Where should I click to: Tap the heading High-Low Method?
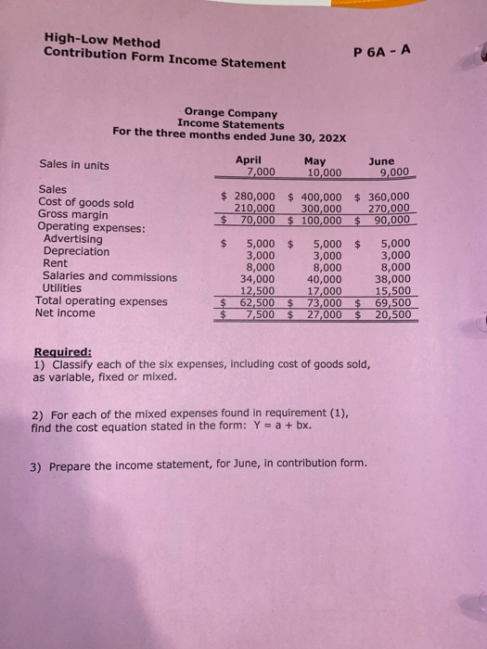(101, 42)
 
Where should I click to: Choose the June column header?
(381, 160)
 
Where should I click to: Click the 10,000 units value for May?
(324, 172)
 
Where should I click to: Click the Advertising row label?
(70, 239)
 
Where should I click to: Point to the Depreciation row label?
(75, 251)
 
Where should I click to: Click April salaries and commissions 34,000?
(257, 277)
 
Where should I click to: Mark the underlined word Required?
(62, 352)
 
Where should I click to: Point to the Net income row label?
(66, 313)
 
